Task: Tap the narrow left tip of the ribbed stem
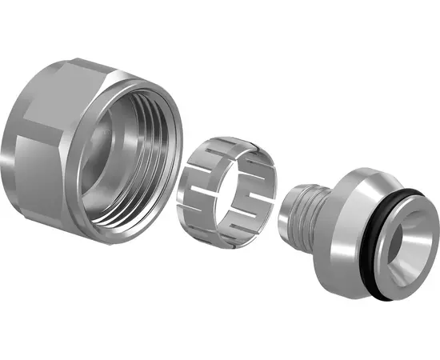(x=289, y=212)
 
